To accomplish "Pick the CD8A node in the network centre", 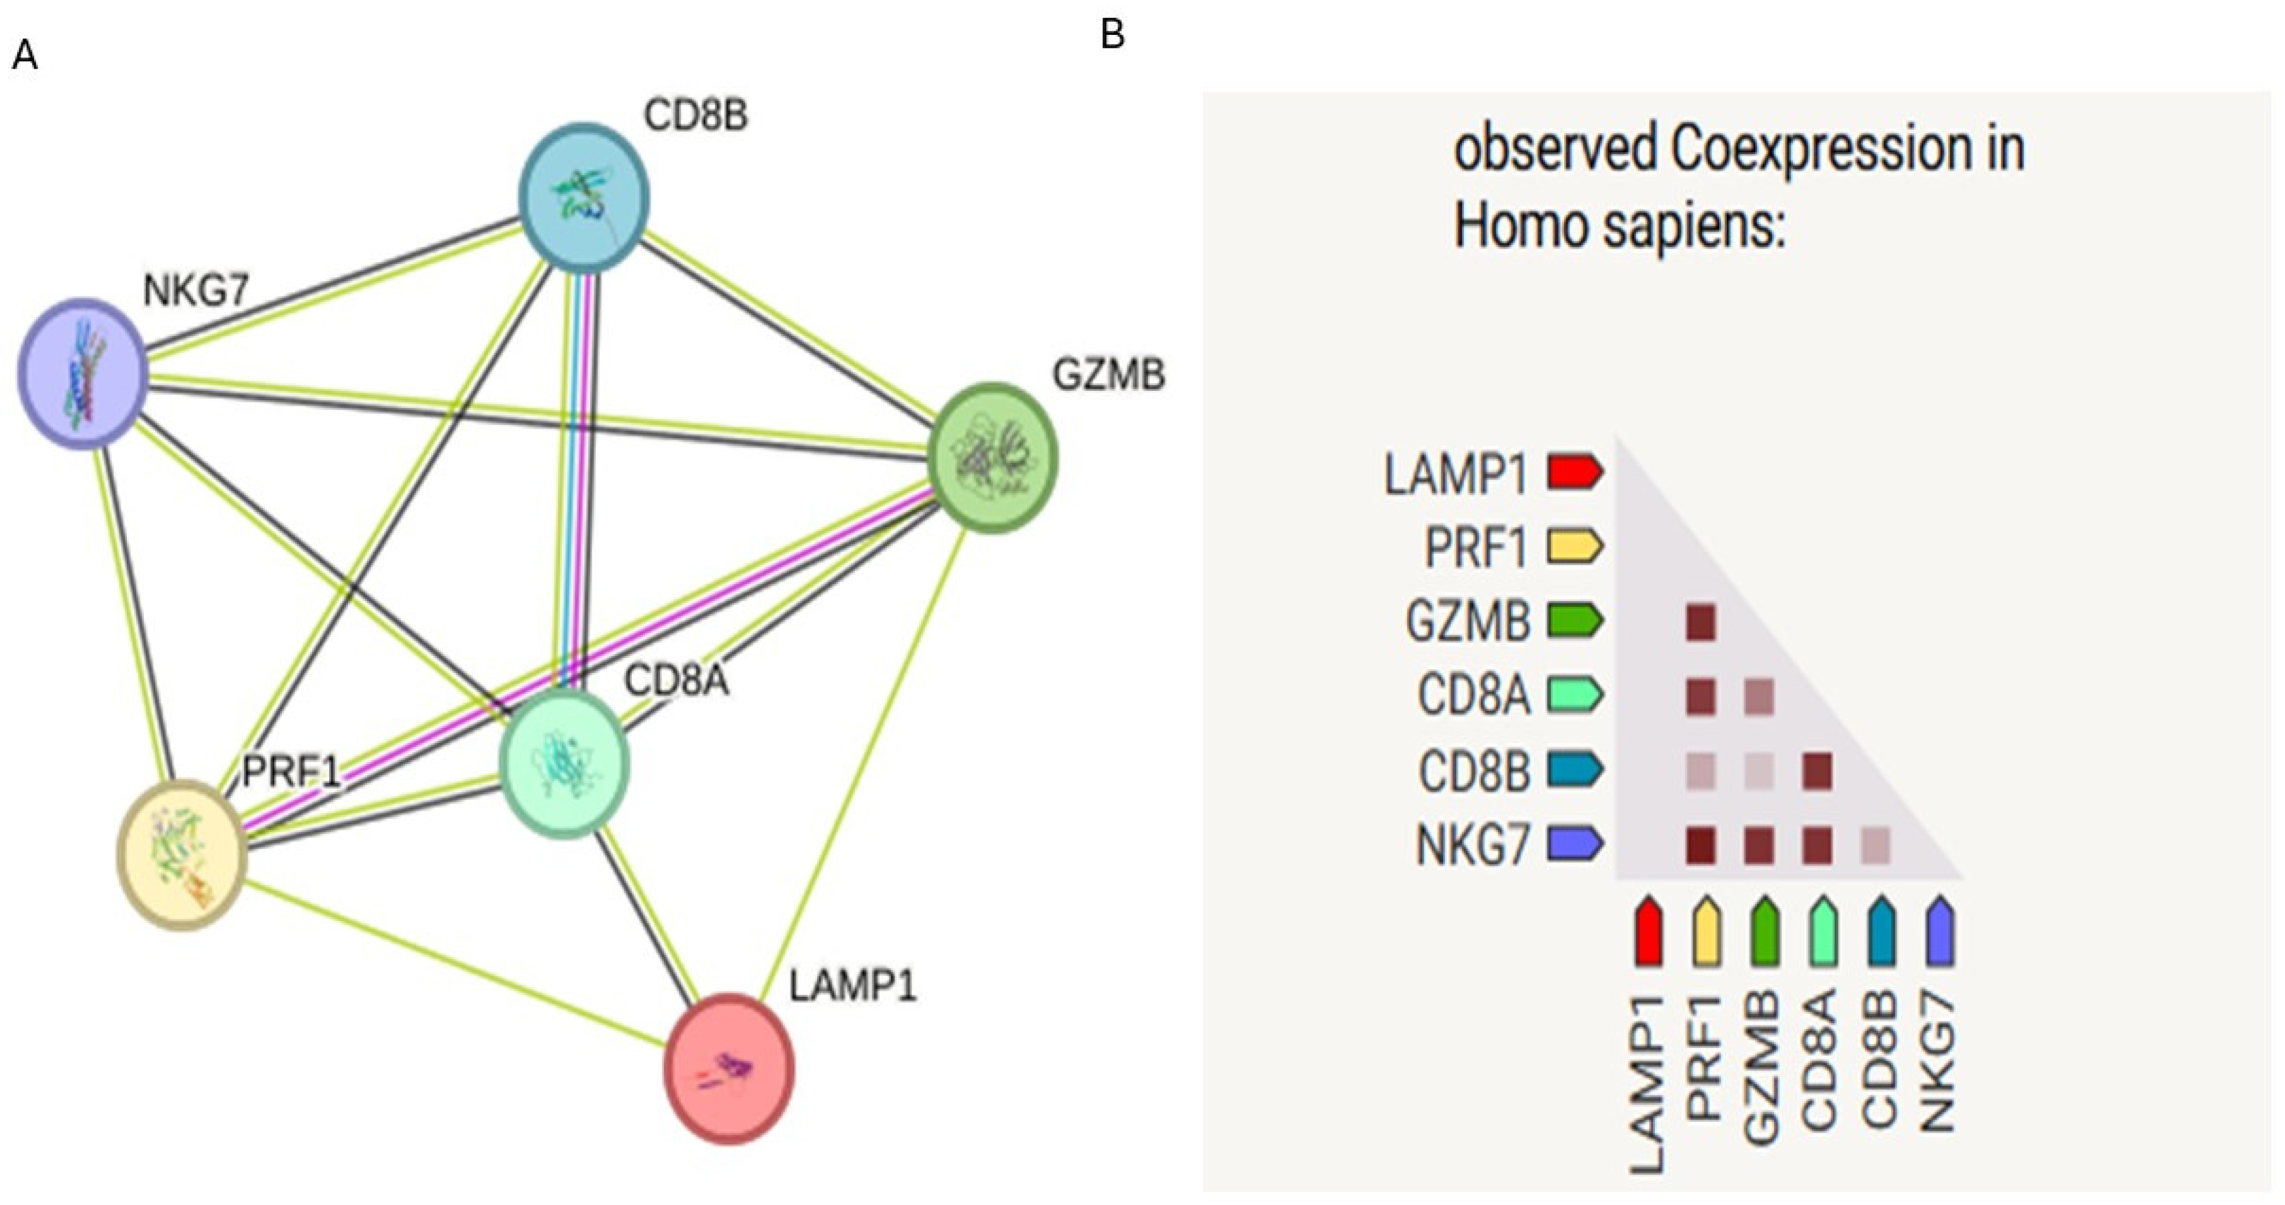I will tap(564, 764).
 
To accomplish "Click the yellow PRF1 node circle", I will tap(182, 854).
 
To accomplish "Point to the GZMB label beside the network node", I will tap(1108, 375).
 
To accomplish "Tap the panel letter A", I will tap(25, 56).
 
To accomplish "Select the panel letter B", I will tap(1112, 35).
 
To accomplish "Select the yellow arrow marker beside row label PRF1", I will tap(1575, 546).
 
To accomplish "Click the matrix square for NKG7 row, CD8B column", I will tap(1874, 845).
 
